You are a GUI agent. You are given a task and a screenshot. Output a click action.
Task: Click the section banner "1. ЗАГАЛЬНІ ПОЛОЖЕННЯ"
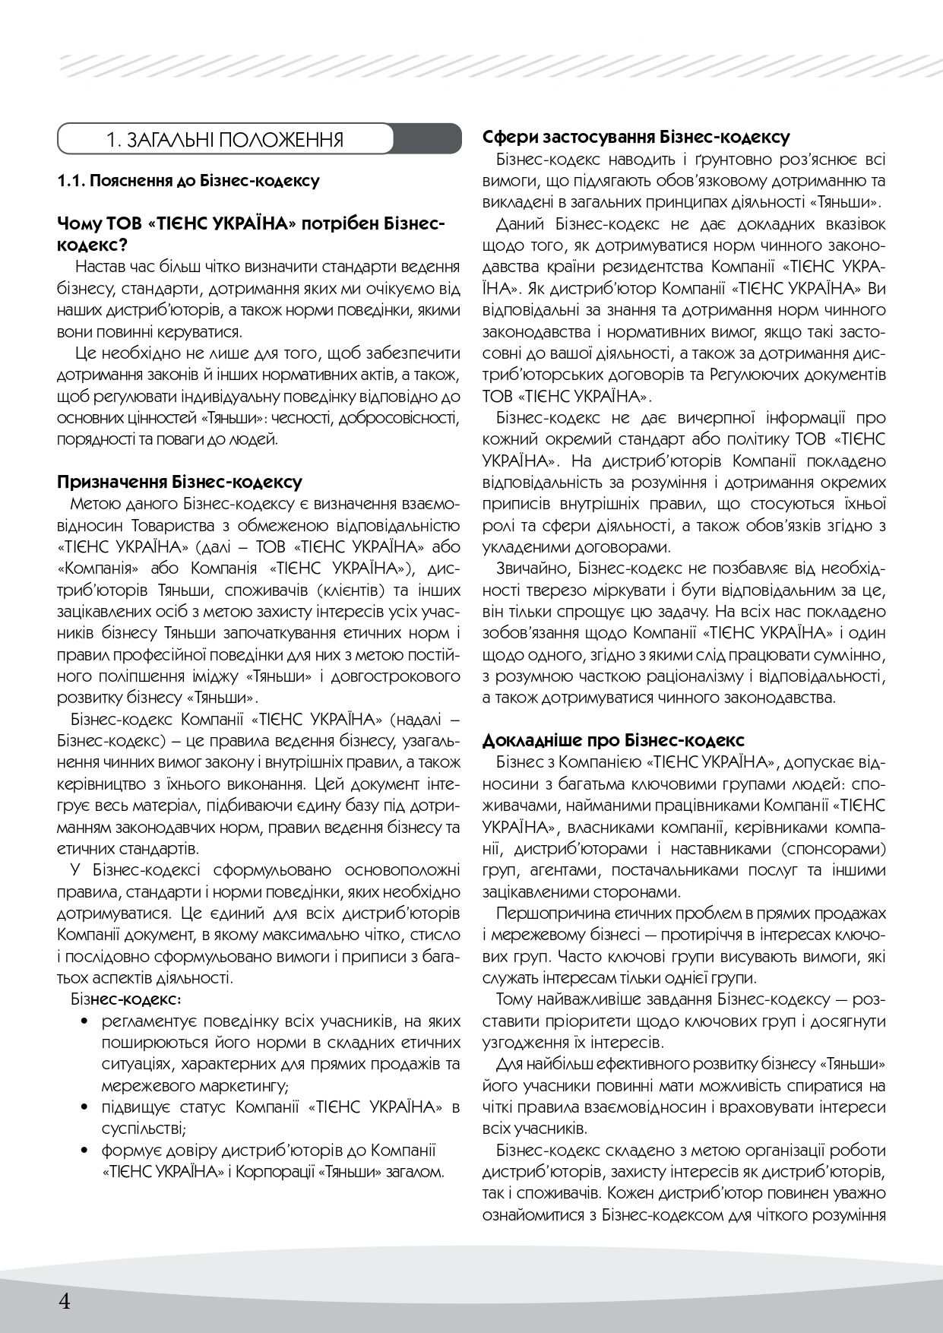pos(225,141)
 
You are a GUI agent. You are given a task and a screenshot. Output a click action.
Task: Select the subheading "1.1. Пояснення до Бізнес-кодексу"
pos(188,182)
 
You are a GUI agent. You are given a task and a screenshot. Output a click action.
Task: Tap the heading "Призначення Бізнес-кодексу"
pos(179,482)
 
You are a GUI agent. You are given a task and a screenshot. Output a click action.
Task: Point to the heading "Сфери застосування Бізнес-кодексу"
pos(636,138)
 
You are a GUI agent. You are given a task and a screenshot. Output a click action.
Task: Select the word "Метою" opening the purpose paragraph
pos(92,504)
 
